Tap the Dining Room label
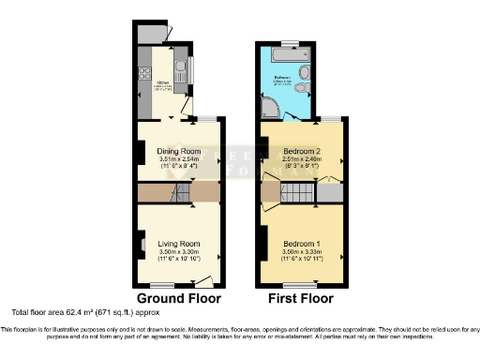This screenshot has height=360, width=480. [180, 151]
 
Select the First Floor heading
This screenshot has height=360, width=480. [302, 299]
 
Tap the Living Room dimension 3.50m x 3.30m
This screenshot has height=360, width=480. [180, 253]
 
